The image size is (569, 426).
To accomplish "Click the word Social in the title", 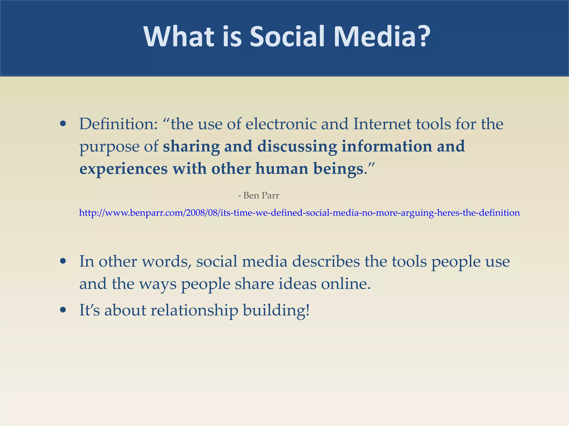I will pyautogui.click(x=287, y=37).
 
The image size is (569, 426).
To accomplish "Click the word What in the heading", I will pyautogui.click(x=179, y=37).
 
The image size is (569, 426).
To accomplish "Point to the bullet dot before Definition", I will pyautogui.click(x=63, y=124).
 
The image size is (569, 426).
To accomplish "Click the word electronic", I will pyautogui.click(x=281, y=124).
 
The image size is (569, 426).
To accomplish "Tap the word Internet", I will pyautogui.click(x=382, y=124).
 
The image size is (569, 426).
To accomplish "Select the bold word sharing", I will pyautogui.click(x=191, y=147).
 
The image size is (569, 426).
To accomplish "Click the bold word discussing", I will pyautogui.click(x=297, y=147).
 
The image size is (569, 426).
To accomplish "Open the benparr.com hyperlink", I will pyautogui.click(x=299, y=213).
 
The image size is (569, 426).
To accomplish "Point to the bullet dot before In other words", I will pyautogui.click(x=63, y=261).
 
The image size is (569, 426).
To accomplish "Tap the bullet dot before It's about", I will pyautogui.click(x=63, y=310).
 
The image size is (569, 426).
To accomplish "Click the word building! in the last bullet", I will pyautogui.click(x=276, y=310).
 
